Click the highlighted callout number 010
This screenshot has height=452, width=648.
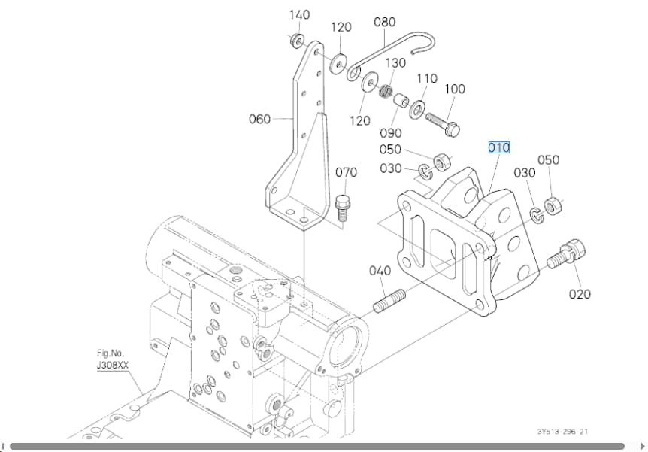pyautogui.click(x=499, y=147)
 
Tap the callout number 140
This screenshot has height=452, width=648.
pyautogui.click(x=299, y=15)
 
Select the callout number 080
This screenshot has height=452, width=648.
pyautogui.click(x=384, y=22)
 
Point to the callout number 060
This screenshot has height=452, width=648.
pyautogui.click(x=259, y=119)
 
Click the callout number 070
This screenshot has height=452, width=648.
pyautogui.click(x=346, y=172)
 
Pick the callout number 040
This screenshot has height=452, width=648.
pyautogui.click(x=380, y=271)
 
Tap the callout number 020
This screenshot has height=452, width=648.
pyautogui.click(x=580, y=294)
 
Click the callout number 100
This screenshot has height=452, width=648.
pyautogui.click(x=455, y=89)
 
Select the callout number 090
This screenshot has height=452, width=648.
pyautogui.click(x=391, y=133)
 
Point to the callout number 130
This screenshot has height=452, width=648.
pyautogui.click(x=395, y=63)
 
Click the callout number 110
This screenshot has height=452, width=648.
pyautogui.click(x=427, y=78)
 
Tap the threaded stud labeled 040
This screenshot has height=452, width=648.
pyautogui.click(x=389, y=302)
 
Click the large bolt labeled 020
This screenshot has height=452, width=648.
pyautogui.click(x=567, y=253)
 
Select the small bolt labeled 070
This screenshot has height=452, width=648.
pyautogui.click(x=341, y=209)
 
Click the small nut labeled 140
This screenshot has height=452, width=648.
pyautogui.click(x=296, y=40)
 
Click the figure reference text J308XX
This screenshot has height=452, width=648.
pyautogui.click(x=113, y=366)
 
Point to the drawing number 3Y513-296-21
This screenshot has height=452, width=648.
pyautogui.click(x=562, y=432)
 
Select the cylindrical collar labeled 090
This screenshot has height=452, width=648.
pyautogui.click(x=400, y=102)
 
